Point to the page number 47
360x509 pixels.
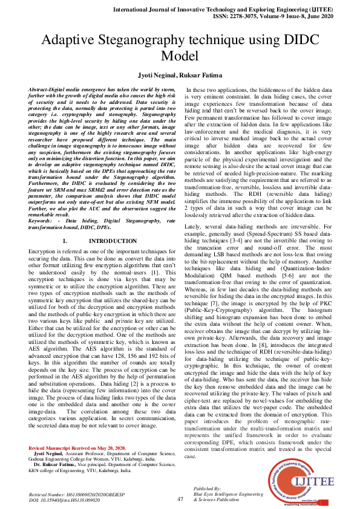tap(180, 499)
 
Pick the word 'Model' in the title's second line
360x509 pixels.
tap(180, 56)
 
